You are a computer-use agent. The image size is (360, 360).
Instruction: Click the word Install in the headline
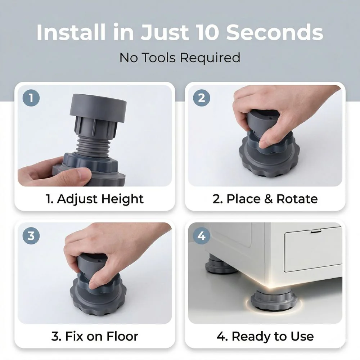(x=71, y=32)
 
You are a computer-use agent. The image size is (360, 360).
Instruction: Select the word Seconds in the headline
(x=275, y=32)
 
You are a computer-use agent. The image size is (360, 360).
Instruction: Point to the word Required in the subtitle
(x=210, y=58)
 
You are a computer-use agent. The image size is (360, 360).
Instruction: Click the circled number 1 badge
(x=31, y=98)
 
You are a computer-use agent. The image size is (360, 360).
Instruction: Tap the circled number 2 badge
(x=201, y=98)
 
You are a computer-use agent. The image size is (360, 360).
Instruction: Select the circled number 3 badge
(x=31, y=235)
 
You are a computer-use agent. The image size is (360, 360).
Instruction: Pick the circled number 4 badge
(x=201, y=235)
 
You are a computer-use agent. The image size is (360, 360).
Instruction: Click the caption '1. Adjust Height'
(x=95, y=199)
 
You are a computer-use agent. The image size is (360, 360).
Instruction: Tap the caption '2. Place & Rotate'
(x=265, y=199)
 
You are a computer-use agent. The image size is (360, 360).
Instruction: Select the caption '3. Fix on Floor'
(x=95, y=336)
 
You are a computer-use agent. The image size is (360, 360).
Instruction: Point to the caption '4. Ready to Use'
(x=265, y=337)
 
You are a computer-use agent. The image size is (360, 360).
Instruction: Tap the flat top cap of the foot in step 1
(x=98, y=107)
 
